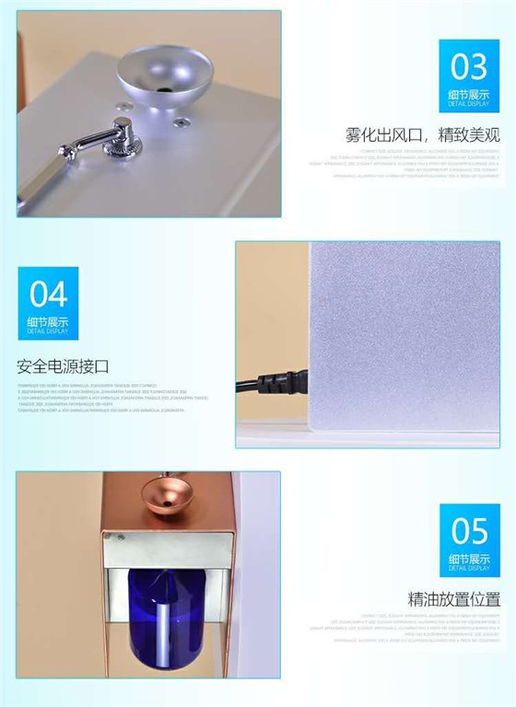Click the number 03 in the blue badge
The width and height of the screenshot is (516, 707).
[x=469, y=67]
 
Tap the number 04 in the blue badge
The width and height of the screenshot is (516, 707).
[x=48, y=294]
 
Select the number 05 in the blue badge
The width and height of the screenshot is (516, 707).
[x=469, y=531]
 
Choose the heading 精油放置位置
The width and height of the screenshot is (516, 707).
[x=454, y=599]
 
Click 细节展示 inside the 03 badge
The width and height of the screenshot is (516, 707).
[x=469, y=94]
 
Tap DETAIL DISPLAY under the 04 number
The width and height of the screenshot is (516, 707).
[x=48, y=330]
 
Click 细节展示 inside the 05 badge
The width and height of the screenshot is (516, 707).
[x=469, y=558]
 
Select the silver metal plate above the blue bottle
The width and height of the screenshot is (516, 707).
[x=166, y=550]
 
